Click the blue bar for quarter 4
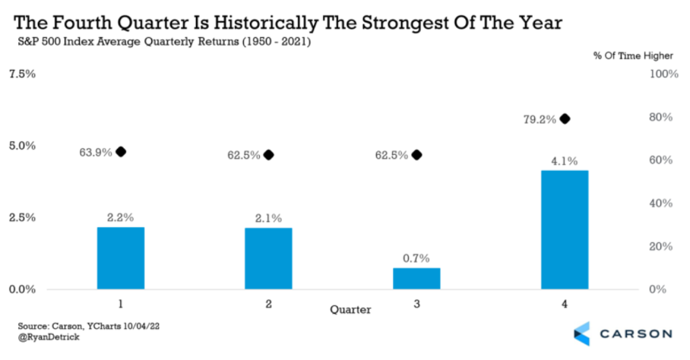565,229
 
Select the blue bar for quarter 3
416,278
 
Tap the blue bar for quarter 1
121,257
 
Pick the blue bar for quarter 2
268,258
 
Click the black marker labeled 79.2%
565,118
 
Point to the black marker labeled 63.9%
120,151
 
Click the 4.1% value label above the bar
565,161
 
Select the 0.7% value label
416,258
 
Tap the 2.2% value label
121,217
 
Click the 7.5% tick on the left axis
22,74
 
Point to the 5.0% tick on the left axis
22,146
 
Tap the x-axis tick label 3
416,303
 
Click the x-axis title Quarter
351,310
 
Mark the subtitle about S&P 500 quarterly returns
164,41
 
